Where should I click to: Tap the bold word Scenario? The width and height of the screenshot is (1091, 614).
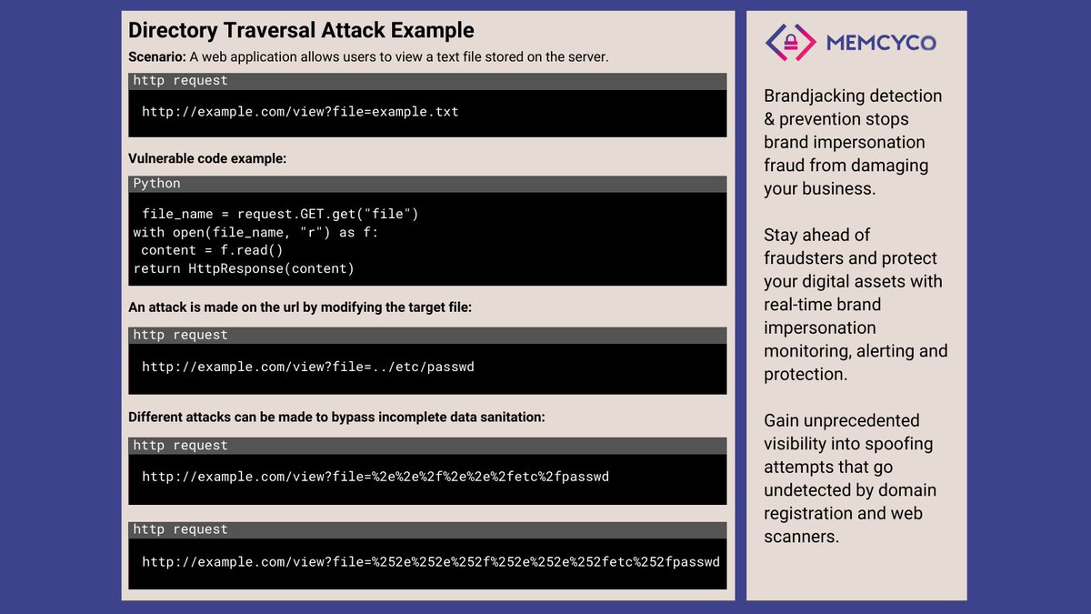156,56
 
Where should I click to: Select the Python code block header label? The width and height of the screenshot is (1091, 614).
156,184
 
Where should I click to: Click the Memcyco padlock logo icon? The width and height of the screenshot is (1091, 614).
788,42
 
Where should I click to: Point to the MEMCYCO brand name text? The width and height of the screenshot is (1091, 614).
880,42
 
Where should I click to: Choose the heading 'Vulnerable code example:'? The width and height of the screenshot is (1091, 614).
207,158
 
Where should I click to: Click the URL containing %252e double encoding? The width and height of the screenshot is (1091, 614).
430,561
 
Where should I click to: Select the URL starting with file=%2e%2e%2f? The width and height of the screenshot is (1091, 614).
375,476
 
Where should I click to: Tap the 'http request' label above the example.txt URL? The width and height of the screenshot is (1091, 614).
180,81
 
